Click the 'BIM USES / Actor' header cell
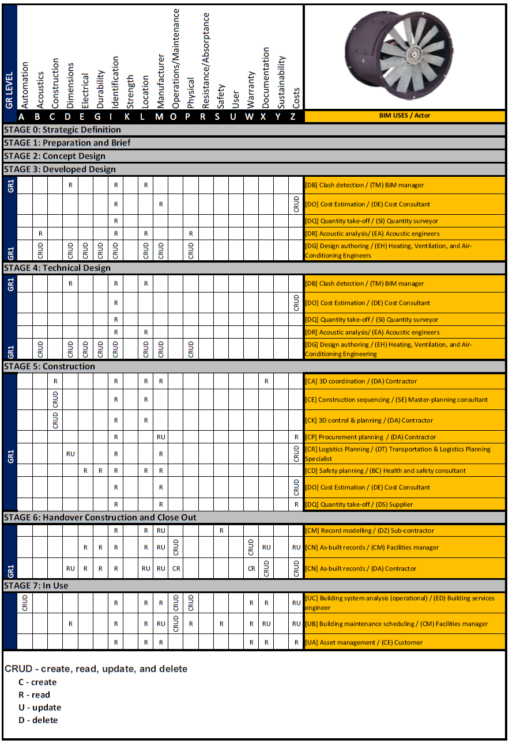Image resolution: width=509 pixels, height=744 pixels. (x=405, y=116)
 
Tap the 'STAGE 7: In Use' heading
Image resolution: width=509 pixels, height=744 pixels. (x=36, y=586)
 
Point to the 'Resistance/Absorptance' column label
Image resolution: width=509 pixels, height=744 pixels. (x=206, y=60)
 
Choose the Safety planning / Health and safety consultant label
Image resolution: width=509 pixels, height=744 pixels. (x=384, y=470)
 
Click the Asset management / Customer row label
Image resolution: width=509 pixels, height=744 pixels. (x=364, y=642)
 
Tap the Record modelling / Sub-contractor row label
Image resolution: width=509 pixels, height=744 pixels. (x=370, y=530)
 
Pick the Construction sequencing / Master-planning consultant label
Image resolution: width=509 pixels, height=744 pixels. (x=396, y=400)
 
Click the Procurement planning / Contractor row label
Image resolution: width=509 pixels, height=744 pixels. (x=370, y=437)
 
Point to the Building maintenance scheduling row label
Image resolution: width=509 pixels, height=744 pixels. (x=397, y=624)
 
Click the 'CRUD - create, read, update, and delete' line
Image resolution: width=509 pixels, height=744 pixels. (x=96, y=669)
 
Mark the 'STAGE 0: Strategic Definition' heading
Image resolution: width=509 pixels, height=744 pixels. (x=62, y=130)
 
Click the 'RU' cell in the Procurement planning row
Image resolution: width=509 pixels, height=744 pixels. (x=161, y=437)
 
